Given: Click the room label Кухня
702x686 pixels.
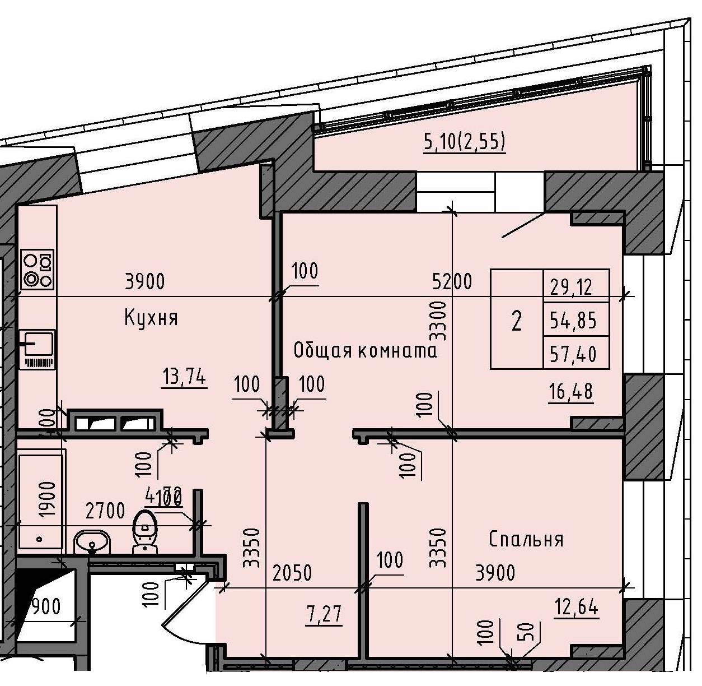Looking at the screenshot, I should point(151,318).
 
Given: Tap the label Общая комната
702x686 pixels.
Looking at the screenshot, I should point(364,351).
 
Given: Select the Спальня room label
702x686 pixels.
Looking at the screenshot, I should point(526,539).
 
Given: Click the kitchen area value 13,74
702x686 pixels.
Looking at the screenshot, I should point(184,379).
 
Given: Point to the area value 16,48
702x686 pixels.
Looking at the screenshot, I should point(571,392).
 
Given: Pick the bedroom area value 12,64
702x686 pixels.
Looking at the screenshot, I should point(577,607).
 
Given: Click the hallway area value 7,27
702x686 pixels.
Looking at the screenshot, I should point(325,615).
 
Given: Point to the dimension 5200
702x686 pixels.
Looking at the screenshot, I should point(451,281).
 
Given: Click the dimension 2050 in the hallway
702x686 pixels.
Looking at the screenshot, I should point(292,573).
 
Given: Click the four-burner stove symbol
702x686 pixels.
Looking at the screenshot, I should point(37,269).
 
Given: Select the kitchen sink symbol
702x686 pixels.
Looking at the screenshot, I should point(36,349).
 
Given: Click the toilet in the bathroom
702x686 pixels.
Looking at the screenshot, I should point(146,531).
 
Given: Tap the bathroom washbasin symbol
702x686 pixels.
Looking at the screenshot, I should point(92,543).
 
